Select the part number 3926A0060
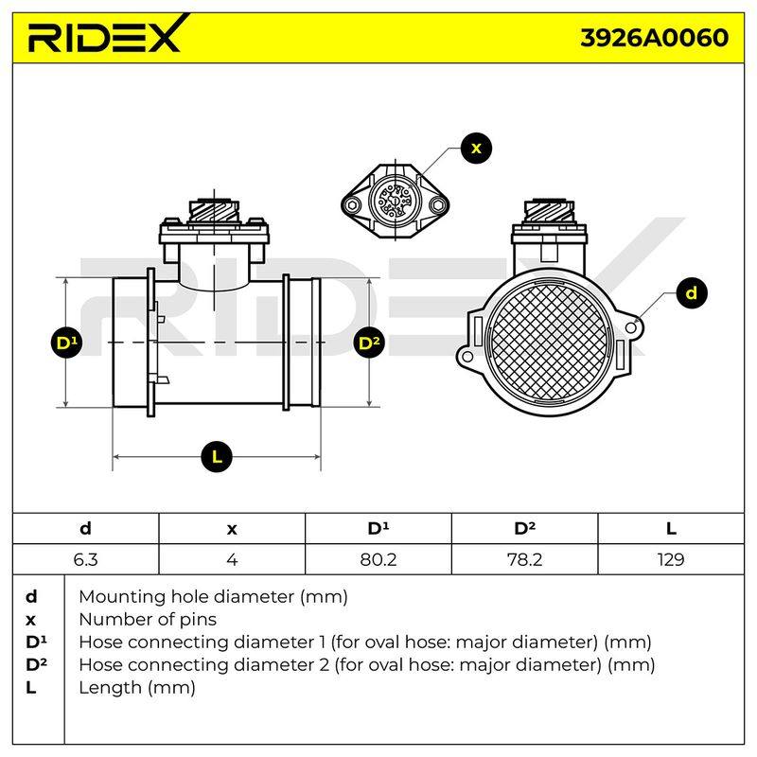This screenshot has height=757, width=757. pos(654,38)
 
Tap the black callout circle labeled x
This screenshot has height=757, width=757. pos(476,148)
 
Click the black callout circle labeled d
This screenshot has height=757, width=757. pos(692,293)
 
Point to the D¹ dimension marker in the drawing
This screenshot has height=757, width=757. pos(66,343)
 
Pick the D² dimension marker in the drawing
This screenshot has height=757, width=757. pos(369,343)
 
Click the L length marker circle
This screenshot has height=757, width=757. pos(217,456)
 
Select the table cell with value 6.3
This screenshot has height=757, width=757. pos(85,559)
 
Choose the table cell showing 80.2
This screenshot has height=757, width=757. pos(378,559)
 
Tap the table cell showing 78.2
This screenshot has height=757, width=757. pos(525,559)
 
